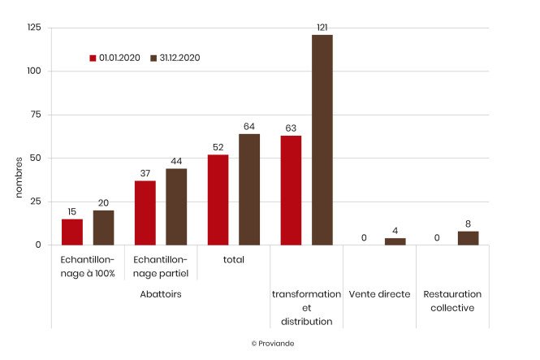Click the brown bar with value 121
(322, 140)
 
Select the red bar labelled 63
(291, 190)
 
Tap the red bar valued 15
(72, 232)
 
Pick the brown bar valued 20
(104, 228)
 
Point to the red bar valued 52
(218, 200)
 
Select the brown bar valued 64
(249, 189)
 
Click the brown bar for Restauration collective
(468, 238)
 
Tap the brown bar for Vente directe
(395, 241)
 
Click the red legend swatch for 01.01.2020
(93, 59)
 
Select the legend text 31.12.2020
(179, 59)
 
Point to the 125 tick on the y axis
(34, 28)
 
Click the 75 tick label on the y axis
(37, 115)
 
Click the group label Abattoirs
(160, 294)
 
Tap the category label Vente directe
(379, 294)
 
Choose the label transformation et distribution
(306, 307)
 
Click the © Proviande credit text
(273, 344)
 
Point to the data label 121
(322, 28)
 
